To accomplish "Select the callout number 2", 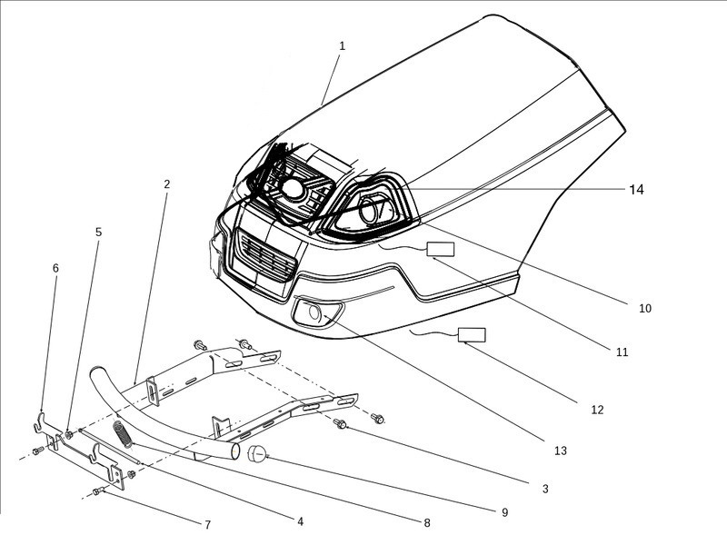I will pos(167,184).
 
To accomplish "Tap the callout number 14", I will pos(636,189).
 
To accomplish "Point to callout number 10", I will pos(644,308).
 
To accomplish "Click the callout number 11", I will pos(621,352).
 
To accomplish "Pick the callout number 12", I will pos(597,410).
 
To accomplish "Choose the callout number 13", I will pos(560,451).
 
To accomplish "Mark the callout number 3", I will pos(545,489).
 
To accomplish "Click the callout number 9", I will pos(504,512).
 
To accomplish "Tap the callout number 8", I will pos(426,522).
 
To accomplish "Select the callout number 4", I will pos(300,520).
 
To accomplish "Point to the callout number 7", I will pos(207,525).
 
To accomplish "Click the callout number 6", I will pos(55,269).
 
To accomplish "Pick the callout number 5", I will pos(98,233).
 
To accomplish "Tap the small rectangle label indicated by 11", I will pos(441,250).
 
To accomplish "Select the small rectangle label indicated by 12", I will pos(472,334).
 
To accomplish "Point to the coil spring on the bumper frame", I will pos(124,432).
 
